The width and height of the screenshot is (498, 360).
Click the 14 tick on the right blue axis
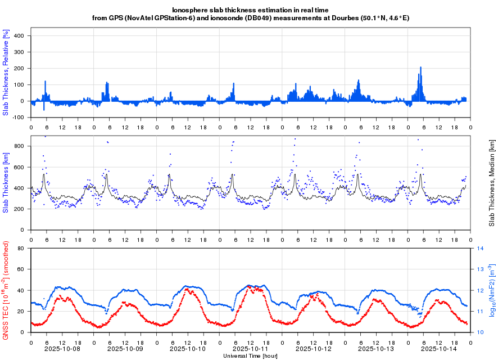pos(481,248)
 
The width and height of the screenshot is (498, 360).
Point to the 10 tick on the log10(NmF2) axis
pos(481,332)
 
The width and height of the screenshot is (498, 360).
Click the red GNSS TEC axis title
pos(6,290)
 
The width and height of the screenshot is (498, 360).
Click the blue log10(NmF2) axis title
pos(492,290)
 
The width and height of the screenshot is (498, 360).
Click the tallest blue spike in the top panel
pos(420,68)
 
